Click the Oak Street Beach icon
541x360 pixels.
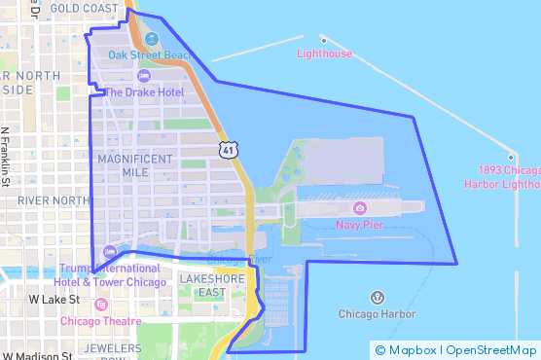click(x=151, y=40)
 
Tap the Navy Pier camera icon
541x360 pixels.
click(x=359, y=208)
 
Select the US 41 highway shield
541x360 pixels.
click(x=227, y=149)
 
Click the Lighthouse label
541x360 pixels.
click(x=324, y=54)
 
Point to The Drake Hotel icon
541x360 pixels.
click(x=144, y=76)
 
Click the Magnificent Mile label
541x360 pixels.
click(x=135, y=164)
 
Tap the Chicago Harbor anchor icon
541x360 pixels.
click(x=377, y=297)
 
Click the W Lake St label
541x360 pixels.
click(x=54, y=301)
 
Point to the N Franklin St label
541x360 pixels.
click(x=6, y=156)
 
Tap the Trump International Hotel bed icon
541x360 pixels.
click(x=108, y=252)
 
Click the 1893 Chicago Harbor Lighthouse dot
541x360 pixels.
click(x=510, y=157)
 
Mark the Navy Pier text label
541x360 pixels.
click(x=359, y=225)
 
